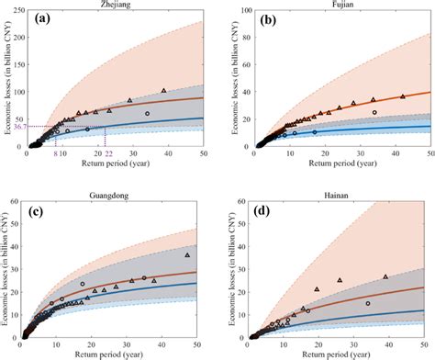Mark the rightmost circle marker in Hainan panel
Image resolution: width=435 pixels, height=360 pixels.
tap(368, 303)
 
